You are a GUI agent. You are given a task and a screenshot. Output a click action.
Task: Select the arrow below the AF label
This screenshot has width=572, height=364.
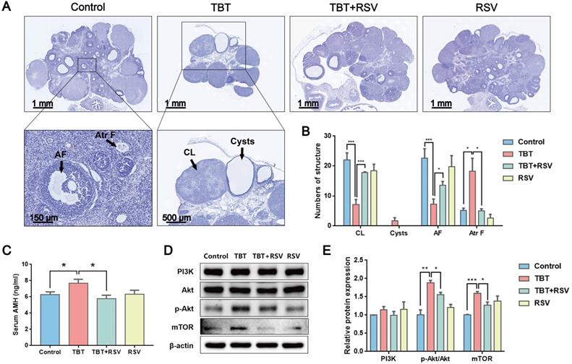click(61, 166)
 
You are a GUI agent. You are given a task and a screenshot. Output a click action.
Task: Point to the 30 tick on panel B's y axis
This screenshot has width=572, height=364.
click(328, 136)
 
